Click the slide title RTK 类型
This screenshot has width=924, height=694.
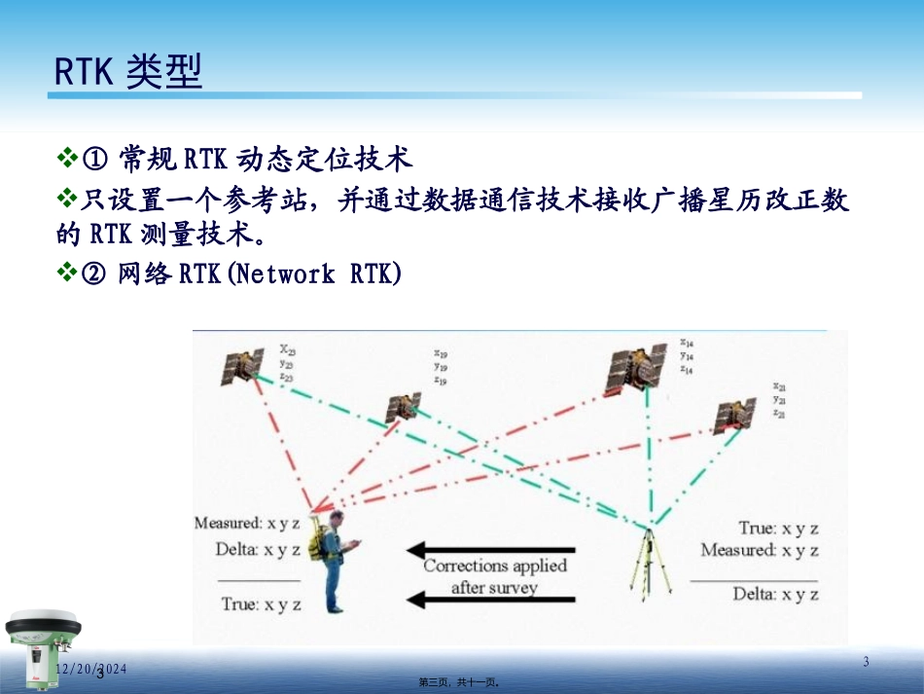127,71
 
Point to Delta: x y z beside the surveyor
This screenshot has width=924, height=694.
258,549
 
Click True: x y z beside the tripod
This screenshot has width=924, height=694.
778,529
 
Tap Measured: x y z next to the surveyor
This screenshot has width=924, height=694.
248,524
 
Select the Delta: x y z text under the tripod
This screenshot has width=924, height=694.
775,594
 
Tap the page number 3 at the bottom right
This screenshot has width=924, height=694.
866,663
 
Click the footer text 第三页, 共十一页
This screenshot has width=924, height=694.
460,683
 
